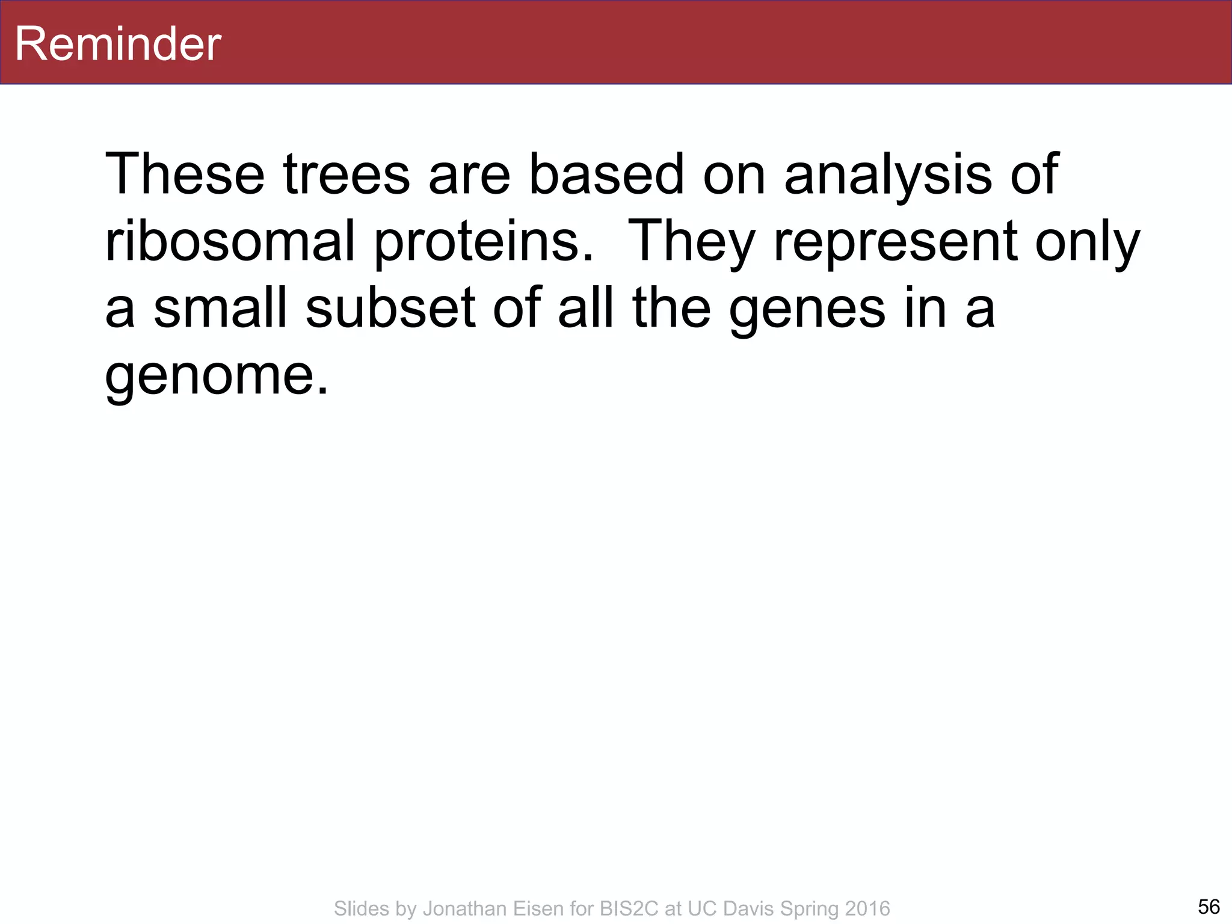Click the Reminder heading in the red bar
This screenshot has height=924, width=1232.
pyautogui.click(x=118, y=44)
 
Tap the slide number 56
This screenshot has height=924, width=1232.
pyautogui.click(x=1209, y=906)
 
